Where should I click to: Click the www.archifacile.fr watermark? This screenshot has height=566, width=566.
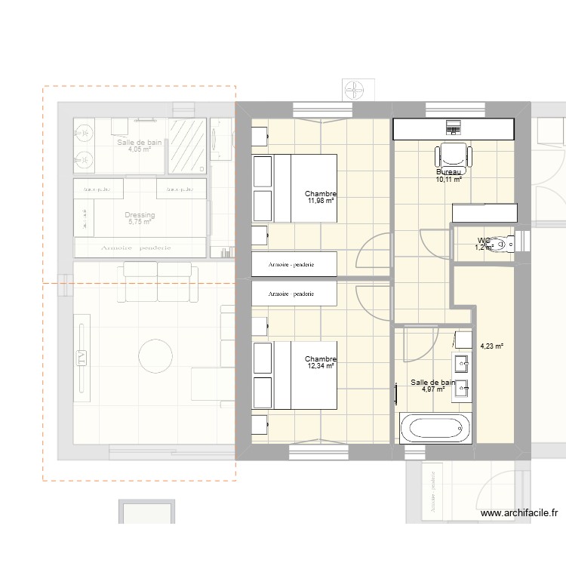point(519,513)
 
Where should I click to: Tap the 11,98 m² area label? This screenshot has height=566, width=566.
point(321,201)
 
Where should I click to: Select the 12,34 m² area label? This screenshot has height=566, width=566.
point(321,366)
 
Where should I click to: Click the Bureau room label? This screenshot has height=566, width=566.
point(448,172)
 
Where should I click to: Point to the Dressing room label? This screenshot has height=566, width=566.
point(140,215)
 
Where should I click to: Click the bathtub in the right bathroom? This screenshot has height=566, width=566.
point(436,428)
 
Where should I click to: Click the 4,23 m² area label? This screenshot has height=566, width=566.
point(491,347)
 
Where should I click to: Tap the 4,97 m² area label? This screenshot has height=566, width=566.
point(432,390)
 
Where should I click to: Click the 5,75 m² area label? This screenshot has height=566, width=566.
point(140,222)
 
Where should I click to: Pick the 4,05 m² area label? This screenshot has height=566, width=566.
point(140,149)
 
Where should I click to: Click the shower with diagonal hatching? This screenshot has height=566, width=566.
point(186,145)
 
